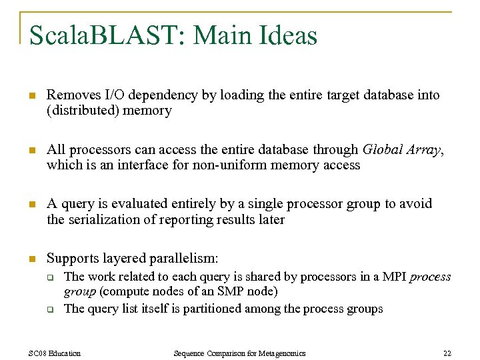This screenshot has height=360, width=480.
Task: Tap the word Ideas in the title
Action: [287, 35]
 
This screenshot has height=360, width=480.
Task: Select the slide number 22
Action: [447, 353]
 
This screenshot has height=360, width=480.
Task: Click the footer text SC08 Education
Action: [55, 353]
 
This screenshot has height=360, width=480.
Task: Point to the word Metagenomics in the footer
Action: [279, 353]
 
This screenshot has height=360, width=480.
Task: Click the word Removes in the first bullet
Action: [69, 95]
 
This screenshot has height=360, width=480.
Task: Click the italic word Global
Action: [383, 149]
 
